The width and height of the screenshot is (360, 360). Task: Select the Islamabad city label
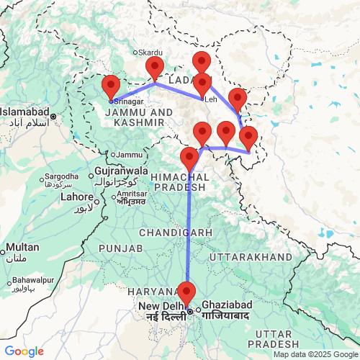(24, 113)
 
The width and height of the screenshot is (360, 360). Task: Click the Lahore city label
(76, 196)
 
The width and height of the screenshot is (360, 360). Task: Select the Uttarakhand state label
(251, 256)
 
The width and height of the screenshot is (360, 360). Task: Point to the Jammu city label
(130, 154)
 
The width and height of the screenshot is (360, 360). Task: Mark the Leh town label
(210, 99)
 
